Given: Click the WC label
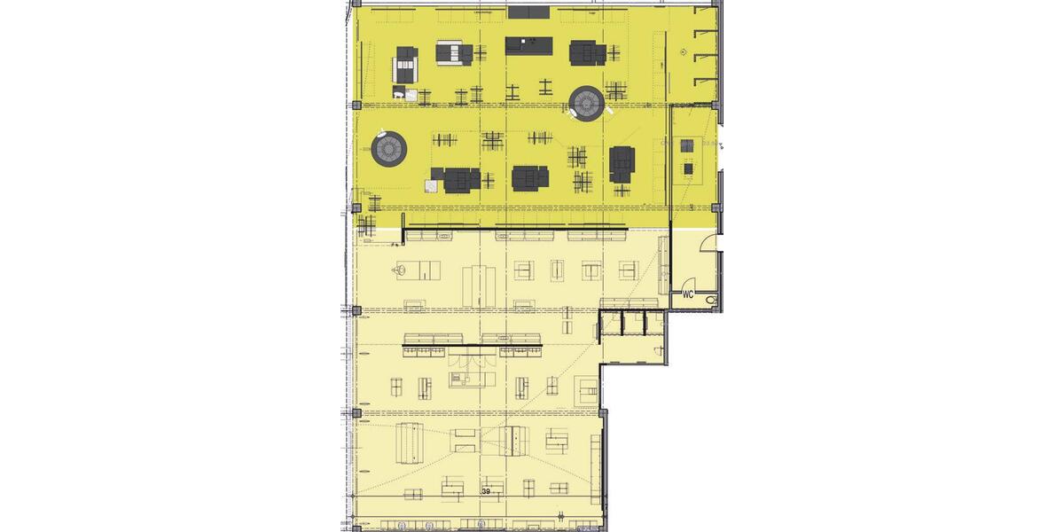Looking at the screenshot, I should (687, 293).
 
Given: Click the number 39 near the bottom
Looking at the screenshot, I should (486, 490).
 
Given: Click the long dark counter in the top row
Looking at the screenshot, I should (529, 45).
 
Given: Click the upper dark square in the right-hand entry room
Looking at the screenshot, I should (685, 145).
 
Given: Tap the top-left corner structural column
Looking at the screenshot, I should (355, 4).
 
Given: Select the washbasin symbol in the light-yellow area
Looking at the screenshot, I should (401, 268).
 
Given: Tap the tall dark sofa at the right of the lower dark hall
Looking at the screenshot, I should (622, 163).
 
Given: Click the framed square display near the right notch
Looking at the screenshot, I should (586, 387).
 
